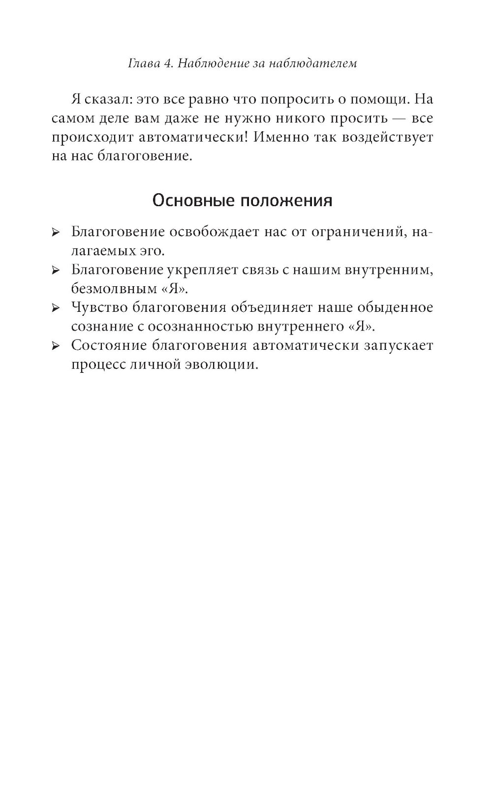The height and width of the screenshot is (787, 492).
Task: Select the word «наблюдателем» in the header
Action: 313,63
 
